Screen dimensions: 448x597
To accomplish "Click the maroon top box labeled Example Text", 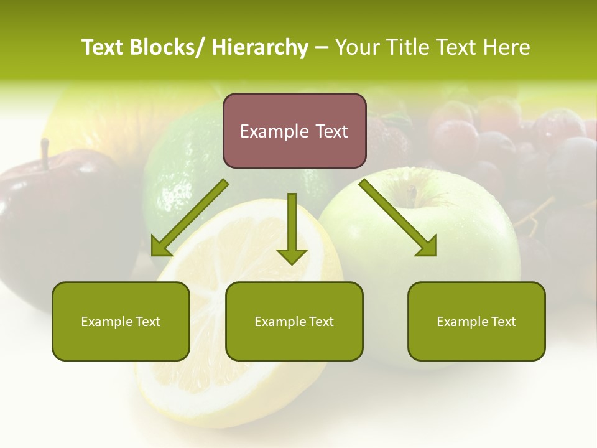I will (294, 131).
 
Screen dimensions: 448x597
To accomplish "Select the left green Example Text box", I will (121, 321).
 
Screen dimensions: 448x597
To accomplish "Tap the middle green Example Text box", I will (294, 321).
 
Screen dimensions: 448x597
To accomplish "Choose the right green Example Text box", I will (476, 321).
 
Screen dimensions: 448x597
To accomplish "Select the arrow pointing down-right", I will (399, 218).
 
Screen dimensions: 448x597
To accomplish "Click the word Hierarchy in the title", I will (259, 47).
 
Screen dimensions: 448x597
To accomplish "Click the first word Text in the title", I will (103, 47).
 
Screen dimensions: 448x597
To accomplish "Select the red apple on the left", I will (44, 224).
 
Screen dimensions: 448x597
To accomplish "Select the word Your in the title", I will (358, 47).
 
